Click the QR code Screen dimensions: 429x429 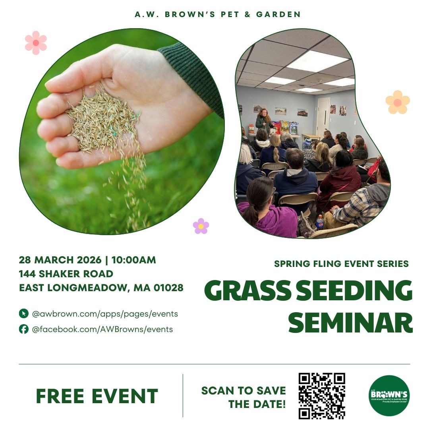click(x=321, y=396)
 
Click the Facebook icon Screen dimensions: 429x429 click(x=23, y=329)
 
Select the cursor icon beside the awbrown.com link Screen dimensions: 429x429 click(x=23, y=314)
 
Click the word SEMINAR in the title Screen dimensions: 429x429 click(x=350, y=323)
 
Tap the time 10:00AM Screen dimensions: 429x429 click(x=134, y=260)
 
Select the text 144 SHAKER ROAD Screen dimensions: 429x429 click(x=66, y=274)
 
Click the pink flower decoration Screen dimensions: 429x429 click(x=36, y=43)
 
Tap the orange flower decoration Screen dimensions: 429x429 click(x=398, y=102)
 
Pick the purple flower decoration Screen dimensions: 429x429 click(x=201, y=226)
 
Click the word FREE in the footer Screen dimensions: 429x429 click(x=60, y=396)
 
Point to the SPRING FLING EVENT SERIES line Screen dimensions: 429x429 click(x=341, y=264)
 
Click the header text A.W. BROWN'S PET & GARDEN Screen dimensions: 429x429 click(x=218, y=14)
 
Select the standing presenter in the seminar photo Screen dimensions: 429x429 click(x=263, y=121)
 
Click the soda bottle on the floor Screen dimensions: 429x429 click(x=320, y=222)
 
